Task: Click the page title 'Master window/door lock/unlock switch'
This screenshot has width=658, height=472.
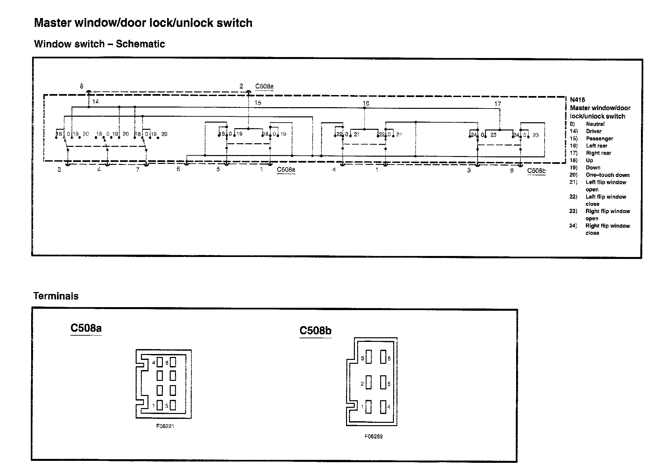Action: click(x=143, y=23)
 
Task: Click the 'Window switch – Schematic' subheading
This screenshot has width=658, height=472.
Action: click(x=99, y=44)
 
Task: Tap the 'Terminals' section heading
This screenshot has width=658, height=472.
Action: click(x=56, y=296)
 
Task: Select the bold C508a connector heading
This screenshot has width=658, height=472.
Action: click(x=86, y=328)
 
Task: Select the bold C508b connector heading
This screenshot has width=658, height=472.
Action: click(x=315, y=330)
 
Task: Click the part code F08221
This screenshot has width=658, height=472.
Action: click(x=165, y=426)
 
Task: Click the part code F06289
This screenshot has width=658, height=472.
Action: click(x=373, y=436)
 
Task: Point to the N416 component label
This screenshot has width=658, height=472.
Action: click(x=577, y=100)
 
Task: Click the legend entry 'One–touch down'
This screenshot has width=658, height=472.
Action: click(x=608, y=175)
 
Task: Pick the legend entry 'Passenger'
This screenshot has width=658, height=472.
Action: click(x=599, y=139)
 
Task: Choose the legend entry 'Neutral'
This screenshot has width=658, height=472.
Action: click(x=595, y=124)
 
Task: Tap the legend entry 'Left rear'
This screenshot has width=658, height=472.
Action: click(x=596, y=146)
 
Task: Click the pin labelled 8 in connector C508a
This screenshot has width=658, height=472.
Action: click(x=173, y=362)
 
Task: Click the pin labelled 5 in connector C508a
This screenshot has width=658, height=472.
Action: click(x=173, y=405)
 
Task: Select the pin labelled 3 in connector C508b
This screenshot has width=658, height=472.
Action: click(x=369, y=357)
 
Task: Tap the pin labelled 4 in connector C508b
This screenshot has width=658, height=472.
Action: click(x=383, y=407)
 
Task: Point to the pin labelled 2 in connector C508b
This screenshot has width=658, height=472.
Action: click(x=369, y=383)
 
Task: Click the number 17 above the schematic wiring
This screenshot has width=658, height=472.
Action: click(x=497, y=104)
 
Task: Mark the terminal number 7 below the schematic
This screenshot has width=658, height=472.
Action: click(x=138, y=169)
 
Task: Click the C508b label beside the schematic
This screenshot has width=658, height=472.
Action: click(x=536, y=171)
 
